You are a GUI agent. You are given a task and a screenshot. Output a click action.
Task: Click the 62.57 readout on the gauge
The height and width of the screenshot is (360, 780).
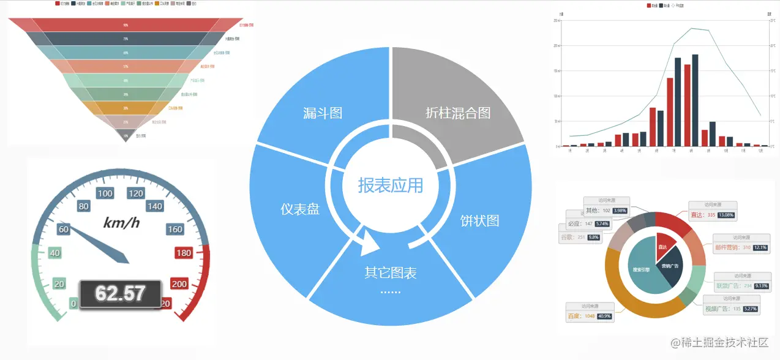(x=120, y=293)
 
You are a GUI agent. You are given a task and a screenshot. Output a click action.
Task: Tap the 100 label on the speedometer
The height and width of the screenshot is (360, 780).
(x=105, y=194)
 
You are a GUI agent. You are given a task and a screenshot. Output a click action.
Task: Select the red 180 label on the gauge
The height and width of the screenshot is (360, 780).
(x=183, y=253)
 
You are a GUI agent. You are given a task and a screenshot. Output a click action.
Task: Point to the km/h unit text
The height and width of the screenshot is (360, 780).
(x=121, y=223)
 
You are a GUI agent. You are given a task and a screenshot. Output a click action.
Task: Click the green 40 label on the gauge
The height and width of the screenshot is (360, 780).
(x=54, y=253)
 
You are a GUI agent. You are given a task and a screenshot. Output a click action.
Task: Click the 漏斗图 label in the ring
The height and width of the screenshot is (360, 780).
(x=323, y=113)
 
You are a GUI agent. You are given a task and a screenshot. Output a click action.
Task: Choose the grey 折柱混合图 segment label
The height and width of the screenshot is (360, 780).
(x=458, y=113)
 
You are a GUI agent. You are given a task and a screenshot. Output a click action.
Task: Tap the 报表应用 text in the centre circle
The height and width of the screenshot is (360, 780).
(x=391, y=186)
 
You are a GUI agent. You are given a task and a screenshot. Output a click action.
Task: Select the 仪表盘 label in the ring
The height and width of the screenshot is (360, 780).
(x=300, y=209)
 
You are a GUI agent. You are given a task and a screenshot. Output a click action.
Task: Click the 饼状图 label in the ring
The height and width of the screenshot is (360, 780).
(x=479, y=221)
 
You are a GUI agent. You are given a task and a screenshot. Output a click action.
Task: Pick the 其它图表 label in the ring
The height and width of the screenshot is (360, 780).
(x=390, y=274)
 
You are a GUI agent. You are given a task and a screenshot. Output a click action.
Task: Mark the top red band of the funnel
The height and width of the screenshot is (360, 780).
(x=126, y=25)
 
